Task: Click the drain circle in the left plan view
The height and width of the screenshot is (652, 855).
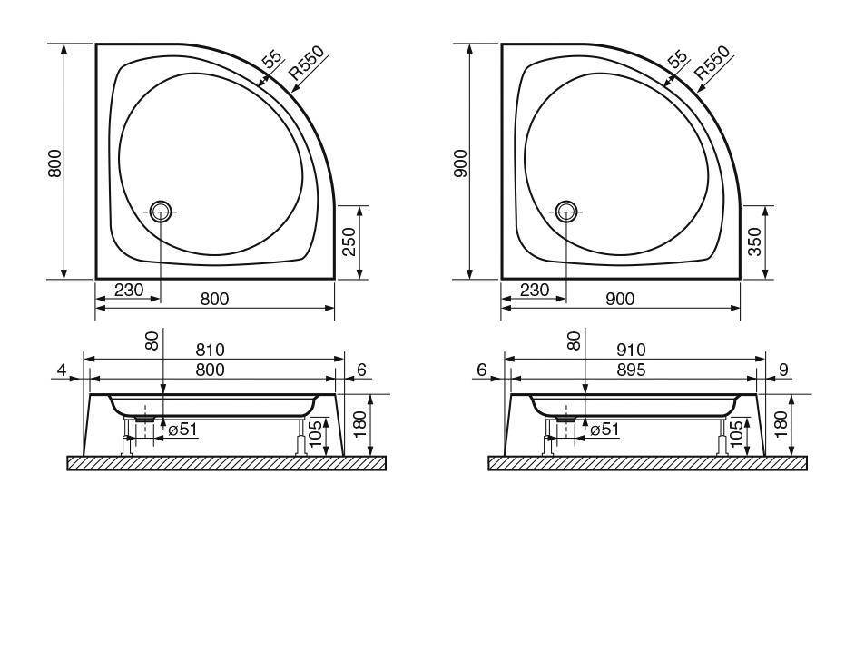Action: click(161, 212)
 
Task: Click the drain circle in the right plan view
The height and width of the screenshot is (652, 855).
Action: click(566, 212)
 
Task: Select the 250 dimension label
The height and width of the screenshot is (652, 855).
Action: click(349, 242)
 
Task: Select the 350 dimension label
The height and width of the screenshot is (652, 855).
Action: click(754, 242)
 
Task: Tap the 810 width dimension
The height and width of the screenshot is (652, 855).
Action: click(210, 350)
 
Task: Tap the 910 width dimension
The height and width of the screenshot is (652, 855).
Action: click(631, 350)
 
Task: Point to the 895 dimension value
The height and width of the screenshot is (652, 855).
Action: click(631, 370)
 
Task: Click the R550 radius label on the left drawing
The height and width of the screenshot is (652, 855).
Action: click(307, 64)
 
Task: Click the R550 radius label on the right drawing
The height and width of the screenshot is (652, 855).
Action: click(712, 64)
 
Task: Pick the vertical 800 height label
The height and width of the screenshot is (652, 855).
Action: click(55, 163)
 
